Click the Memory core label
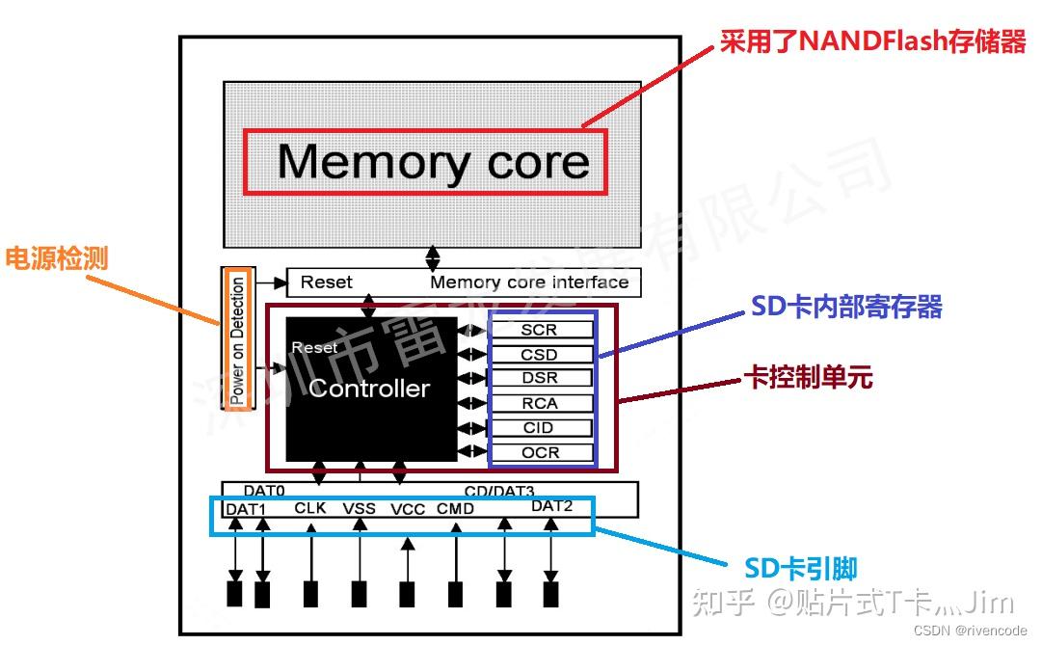(433, 161)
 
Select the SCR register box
(539, 330)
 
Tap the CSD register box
(539, 355)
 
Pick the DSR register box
(539, 378)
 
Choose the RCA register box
(539, 403)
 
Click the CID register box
(539, 428)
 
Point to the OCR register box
(539, 452)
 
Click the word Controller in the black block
(369, 389)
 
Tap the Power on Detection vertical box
(237, 339)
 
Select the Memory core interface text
(529, 282)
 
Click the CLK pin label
(310, 508)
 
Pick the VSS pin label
(360, 509)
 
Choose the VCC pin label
(408, 509)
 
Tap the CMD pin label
(455, 509)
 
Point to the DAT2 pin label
(551, 506)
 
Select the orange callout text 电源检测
(57, 258)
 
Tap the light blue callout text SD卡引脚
(801, 569)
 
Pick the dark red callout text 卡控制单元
(809, 377)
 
